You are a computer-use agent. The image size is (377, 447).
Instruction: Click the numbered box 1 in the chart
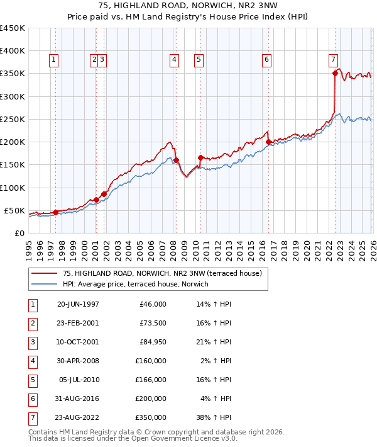[53, 60]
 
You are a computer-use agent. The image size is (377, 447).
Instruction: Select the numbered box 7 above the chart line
[332, 60]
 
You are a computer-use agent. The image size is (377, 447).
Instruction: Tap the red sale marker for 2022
[335, 74]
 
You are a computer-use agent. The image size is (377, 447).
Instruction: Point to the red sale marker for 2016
[268, 142]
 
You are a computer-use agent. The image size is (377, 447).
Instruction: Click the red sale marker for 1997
[55, 212]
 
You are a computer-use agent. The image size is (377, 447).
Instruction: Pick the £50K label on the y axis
[15, 210]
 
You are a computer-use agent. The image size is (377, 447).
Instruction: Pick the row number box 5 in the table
[31, 379]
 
